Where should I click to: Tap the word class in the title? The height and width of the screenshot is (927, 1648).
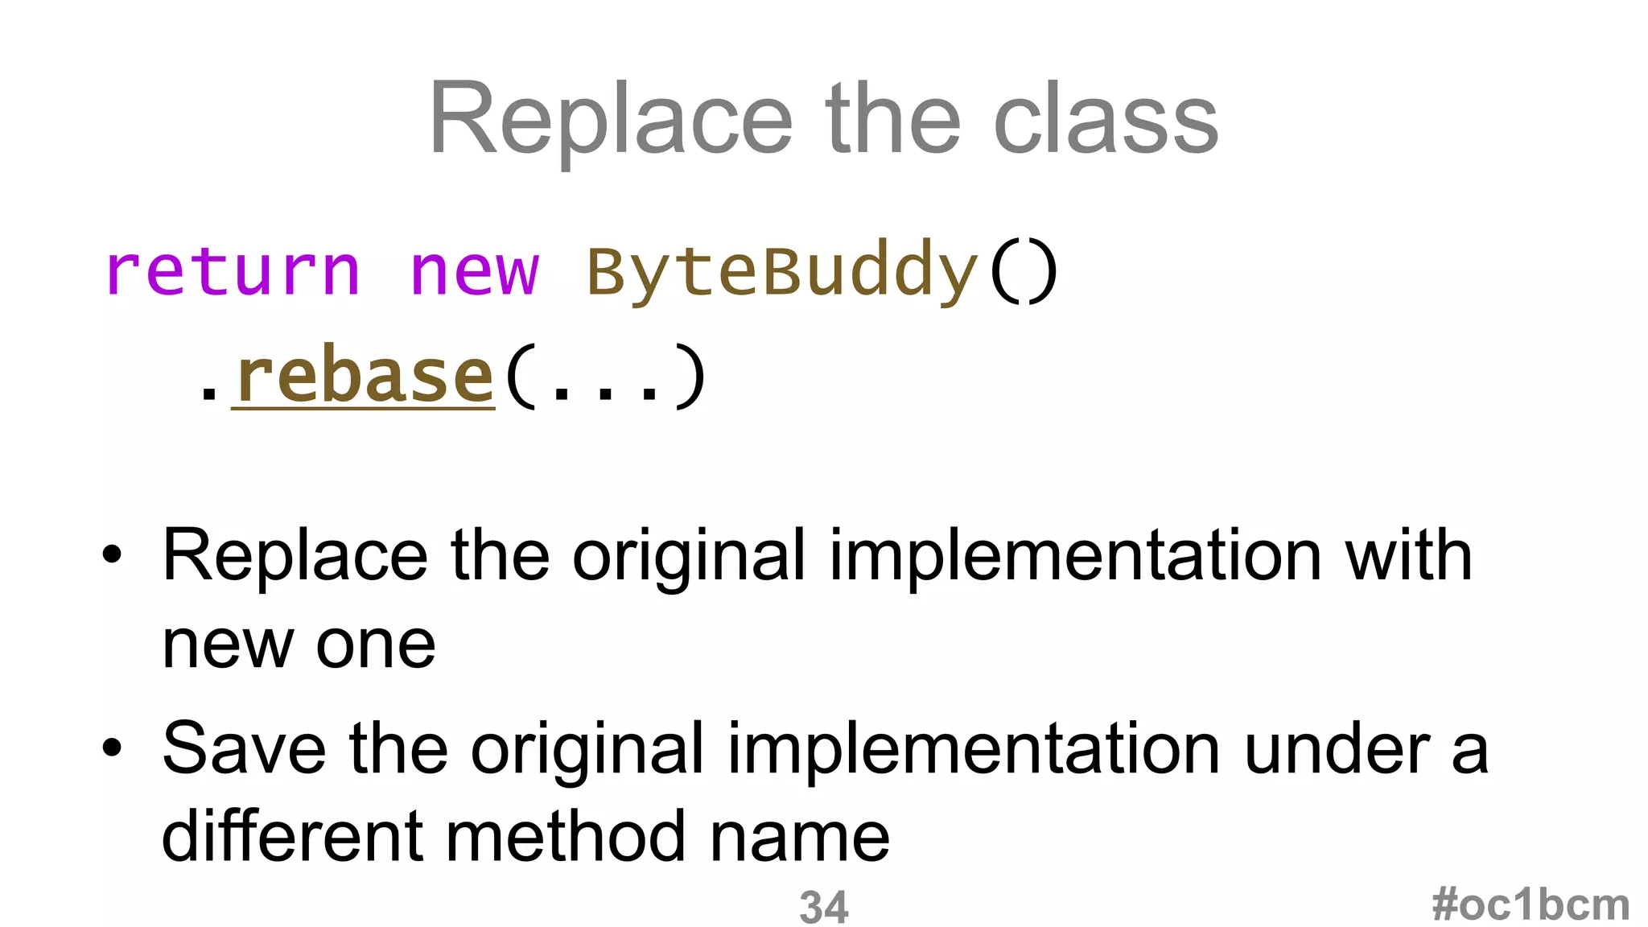[x=1106, y=121]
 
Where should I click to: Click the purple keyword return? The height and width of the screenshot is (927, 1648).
[x=233, y=272]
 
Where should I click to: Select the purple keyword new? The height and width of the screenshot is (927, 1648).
[x=474, y=272]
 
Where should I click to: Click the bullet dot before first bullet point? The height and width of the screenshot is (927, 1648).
[x=112, y=554]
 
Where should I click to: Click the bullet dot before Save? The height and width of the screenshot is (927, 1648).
[x=112, y=748]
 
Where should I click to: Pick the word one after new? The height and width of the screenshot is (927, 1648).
[x=376, y=645]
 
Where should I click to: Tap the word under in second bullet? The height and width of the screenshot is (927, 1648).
[x=1337, y=748]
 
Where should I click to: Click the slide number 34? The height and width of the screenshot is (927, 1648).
[x=823, y=907]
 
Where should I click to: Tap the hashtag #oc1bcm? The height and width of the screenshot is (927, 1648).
[x=1530, y=904]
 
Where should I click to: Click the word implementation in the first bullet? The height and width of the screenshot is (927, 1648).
[x=1075, y=557]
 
